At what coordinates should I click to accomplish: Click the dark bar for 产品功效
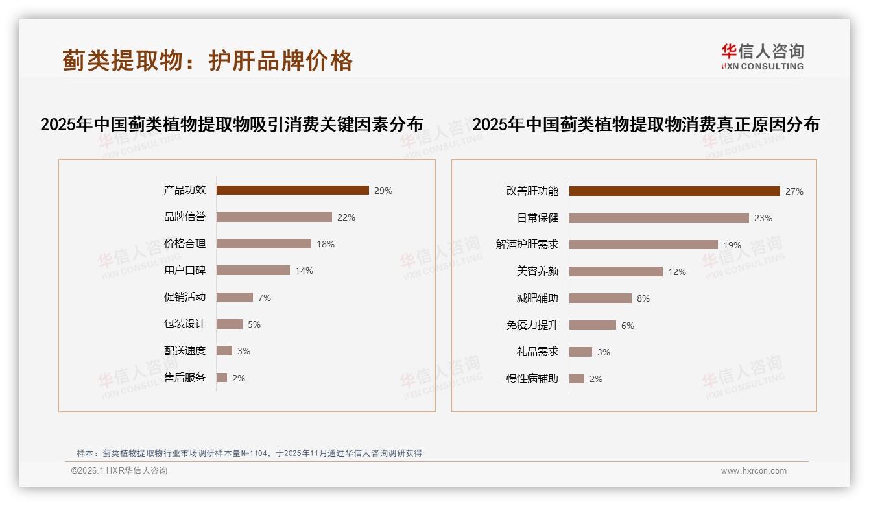(292, 190)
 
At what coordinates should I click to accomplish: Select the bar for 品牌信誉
(274, 217)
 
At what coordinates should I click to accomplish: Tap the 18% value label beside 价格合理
(326, 244)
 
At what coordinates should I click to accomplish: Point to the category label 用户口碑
(185, 271)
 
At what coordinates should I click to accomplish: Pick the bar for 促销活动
(235, 297)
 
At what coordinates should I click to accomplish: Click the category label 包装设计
(185, 324)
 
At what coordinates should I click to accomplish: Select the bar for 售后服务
(222, 378)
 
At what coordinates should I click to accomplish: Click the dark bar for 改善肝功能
(674, 191)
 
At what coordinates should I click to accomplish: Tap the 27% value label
(794, 191)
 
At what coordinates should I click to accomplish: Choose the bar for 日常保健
(659, 218)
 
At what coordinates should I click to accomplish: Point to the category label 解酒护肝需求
(527, 245)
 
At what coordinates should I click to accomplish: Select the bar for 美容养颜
(616, 272)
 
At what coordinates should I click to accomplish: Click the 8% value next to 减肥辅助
(643, 298)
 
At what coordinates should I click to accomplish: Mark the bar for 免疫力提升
(593, 325)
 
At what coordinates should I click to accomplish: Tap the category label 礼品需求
(538, 352)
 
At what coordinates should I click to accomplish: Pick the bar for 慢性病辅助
(577, 379)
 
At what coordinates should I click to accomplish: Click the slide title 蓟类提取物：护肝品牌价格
(208, 60)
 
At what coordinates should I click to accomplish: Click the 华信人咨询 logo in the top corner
(762, 56)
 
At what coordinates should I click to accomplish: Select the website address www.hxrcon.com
(754, 471)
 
